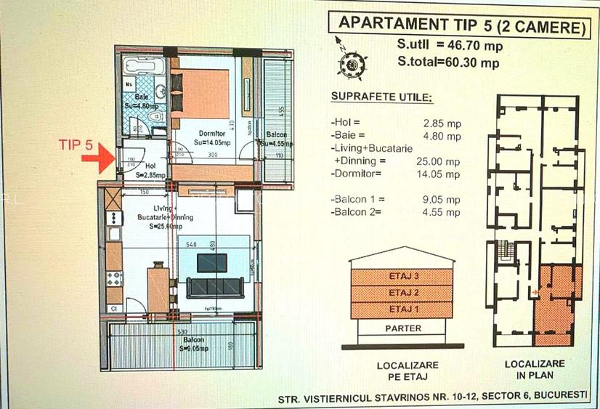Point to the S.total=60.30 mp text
pyautogui.click(x=448, y=62)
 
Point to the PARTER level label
pyautogui.click(x=404, y=328)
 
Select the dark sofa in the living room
pyautogui.click(x=215, y=287)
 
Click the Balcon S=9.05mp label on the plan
pyautogui.click(x=193, y=343)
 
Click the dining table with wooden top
pyautogui.click(x=158, y=288)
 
